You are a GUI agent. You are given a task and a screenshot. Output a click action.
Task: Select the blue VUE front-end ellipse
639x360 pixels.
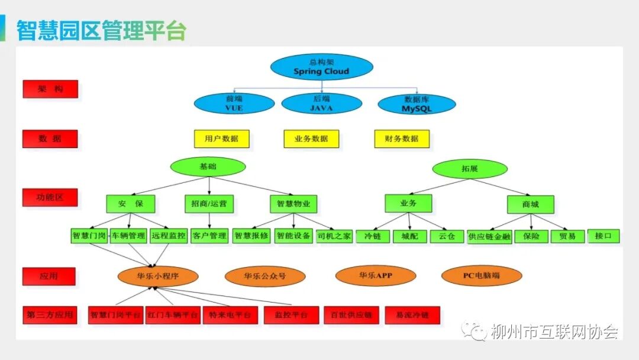click(234, 104)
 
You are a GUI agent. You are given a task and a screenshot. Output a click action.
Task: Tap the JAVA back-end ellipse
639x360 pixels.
click(321, 104)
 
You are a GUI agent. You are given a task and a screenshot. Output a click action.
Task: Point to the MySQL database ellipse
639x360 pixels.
click(417, 104)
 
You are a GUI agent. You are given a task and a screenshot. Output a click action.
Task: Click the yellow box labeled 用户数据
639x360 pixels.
click(222, 139)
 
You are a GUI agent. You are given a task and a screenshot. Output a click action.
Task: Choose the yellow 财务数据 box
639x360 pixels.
click(402, 139)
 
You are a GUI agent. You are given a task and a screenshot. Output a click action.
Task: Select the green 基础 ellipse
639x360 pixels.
click(208, 166)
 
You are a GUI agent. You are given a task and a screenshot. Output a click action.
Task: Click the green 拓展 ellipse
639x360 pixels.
click(470, 168)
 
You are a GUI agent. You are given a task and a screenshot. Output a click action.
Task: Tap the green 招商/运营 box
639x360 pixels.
click(209, 204)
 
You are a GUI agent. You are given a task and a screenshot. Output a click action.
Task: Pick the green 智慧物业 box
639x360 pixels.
click(293, 204)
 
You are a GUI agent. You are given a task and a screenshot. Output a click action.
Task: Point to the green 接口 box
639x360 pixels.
click(603, 236)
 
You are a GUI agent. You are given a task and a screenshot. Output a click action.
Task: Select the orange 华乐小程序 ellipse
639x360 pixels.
click(158, 275)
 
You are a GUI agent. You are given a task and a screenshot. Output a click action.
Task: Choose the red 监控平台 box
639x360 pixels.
click(287, 315)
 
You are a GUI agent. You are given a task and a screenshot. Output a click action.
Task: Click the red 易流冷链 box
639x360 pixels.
click(412, 315)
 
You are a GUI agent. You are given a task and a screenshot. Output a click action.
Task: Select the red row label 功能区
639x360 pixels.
click(50, 197)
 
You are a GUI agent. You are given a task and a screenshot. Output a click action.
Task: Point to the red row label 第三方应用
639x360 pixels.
click(50, 315)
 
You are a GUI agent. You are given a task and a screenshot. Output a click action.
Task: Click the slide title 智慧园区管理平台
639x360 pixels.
click(101, 30)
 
